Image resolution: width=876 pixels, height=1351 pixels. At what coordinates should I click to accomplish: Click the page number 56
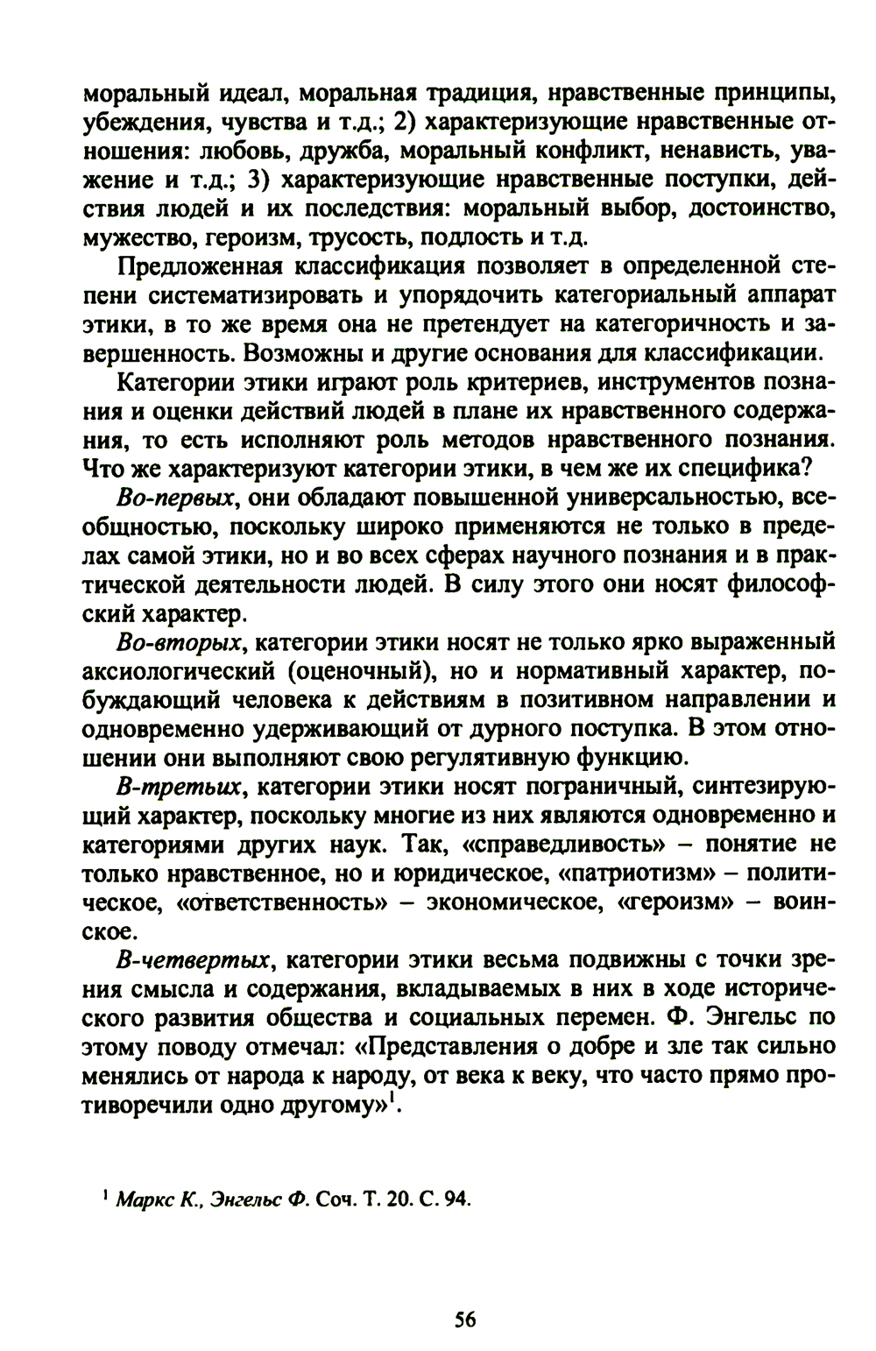[x=465, y=1296]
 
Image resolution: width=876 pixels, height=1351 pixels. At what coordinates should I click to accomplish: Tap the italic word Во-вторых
[x=179, y=642]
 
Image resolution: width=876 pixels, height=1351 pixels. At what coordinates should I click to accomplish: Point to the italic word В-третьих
[x=179, y=786]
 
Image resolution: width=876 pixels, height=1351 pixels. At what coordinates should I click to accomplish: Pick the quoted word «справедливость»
[x=549, y=844]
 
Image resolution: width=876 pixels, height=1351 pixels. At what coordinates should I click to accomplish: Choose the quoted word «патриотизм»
[x=626, y=873]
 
